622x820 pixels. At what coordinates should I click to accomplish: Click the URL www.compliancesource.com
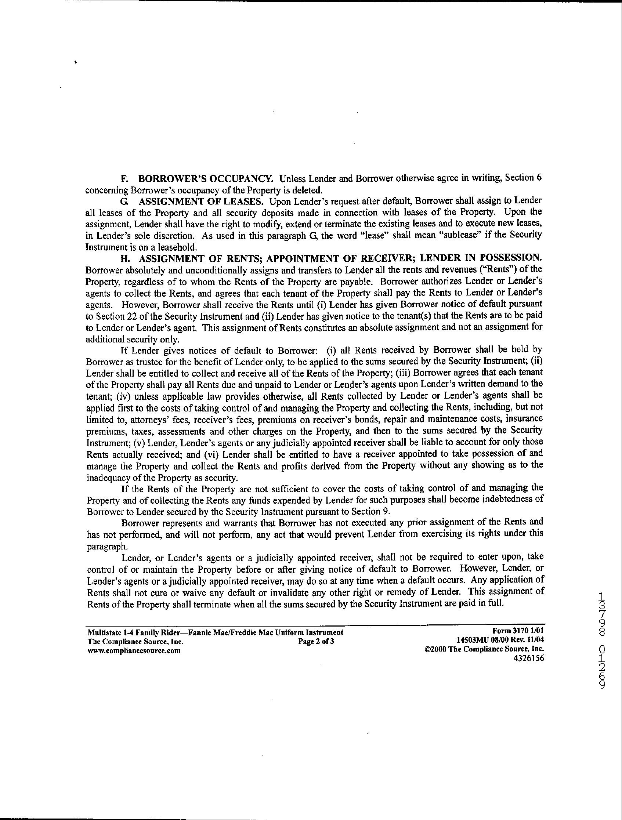(134, 650)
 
